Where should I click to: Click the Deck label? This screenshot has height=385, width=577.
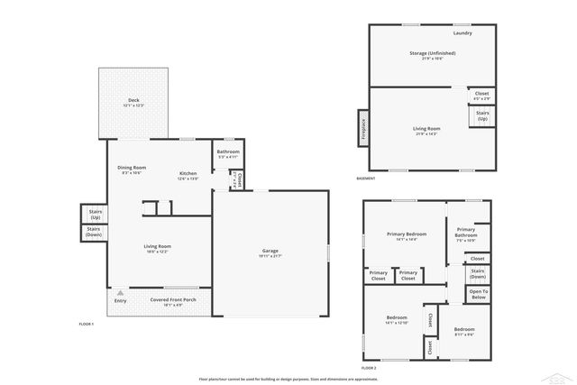tap(133, 100)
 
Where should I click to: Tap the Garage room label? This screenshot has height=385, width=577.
tap(270, 251)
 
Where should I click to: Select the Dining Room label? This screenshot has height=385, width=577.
tap(132, 168)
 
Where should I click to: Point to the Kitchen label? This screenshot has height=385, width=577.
tap(188, 173)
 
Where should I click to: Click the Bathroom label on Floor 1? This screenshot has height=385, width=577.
tap(228, 151)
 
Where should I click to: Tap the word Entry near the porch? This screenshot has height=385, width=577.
tap(120, 300)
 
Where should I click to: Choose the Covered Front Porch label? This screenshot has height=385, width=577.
tap(173, 300)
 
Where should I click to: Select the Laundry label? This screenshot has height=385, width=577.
tap(463, 33)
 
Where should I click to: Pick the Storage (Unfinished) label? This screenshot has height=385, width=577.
tap(432, 53)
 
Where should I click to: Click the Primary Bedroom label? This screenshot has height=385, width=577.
tap(406, 234)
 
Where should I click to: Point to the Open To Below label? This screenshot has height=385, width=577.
tap(478, 294)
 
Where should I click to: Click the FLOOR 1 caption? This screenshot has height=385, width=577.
tap(87, 323)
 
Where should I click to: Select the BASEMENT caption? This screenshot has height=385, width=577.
tap(366, 179)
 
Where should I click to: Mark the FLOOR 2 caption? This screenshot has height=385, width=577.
tap(369, 368)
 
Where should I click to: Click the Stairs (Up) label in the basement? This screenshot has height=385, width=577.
tap(481, 116)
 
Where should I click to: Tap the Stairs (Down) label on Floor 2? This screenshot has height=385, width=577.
tap(478, 273)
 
